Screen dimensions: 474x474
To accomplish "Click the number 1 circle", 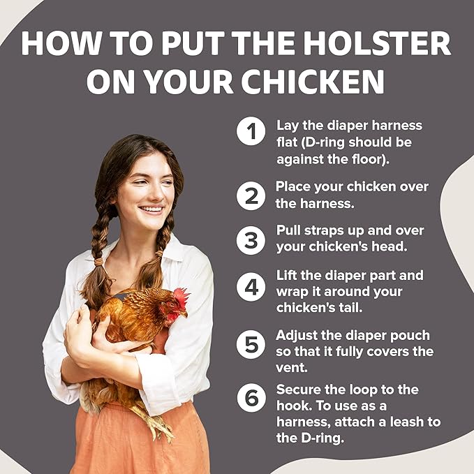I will tap(251, 131).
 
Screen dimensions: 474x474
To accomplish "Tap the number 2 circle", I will tap(251, 195).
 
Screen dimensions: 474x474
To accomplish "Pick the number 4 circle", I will tap(251, 287).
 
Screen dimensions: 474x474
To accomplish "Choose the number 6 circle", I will tap(251, 397).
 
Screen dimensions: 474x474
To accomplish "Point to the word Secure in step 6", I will tap(298, 389).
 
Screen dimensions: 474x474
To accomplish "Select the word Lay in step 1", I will tap(288, 126).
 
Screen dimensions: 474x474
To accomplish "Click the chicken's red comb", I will tap(182, 297).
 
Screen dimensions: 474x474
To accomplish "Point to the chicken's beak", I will tap(185, 313).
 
